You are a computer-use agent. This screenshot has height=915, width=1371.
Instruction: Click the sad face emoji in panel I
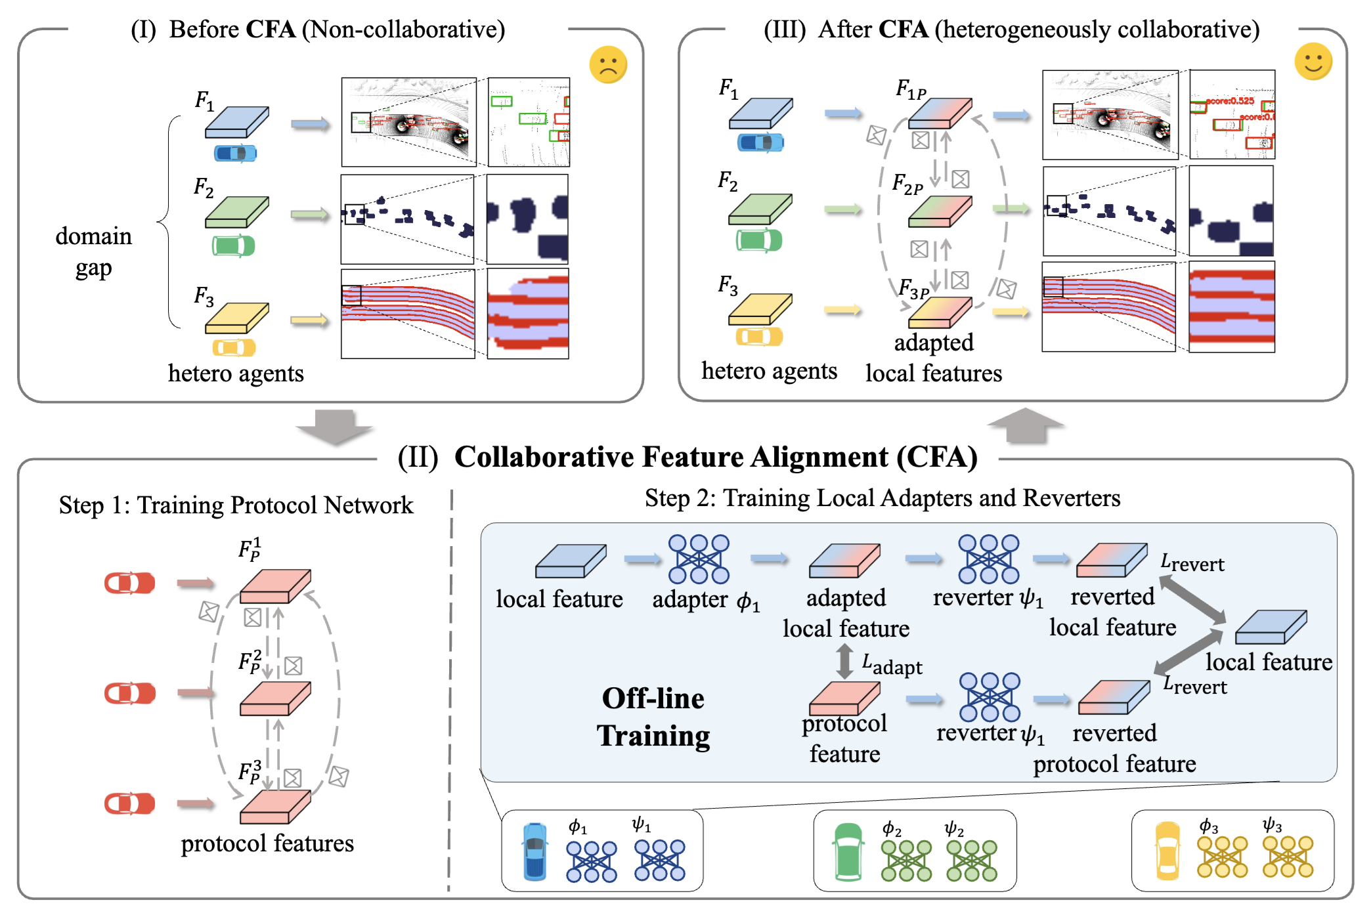(608, 64)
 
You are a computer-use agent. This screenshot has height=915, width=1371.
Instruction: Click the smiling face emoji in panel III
(1313, 62)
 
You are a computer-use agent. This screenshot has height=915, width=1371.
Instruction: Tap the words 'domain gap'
(93, 252)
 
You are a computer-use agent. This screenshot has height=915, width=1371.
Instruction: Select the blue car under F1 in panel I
(235, 154)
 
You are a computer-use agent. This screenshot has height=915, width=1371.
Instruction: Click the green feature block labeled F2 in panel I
(236, 212)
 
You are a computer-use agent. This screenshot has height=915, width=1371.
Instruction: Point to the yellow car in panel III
(759, 337)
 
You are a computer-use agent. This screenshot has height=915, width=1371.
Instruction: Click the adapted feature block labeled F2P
(939, 212)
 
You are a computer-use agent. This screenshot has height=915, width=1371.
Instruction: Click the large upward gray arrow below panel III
(1025, 425)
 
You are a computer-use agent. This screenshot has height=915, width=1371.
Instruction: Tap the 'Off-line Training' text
(653, 717)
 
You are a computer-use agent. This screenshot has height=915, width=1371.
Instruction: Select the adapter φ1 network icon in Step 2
(699, 559)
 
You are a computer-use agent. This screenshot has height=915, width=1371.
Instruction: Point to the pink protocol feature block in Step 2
(844, 698)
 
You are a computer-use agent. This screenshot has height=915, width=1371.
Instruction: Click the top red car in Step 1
(130, 583)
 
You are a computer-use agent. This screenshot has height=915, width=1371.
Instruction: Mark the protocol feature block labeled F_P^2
(274, 698)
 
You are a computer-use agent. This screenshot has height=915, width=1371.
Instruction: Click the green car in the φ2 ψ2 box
(848, 851)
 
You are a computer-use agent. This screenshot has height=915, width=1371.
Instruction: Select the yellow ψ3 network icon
(1288, 857)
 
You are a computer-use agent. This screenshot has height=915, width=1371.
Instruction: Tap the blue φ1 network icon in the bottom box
(591, 861)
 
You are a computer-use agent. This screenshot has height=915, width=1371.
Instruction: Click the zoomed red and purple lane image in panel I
(528, 314)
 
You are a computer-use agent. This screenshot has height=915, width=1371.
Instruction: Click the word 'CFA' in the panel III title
(903, 30)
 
